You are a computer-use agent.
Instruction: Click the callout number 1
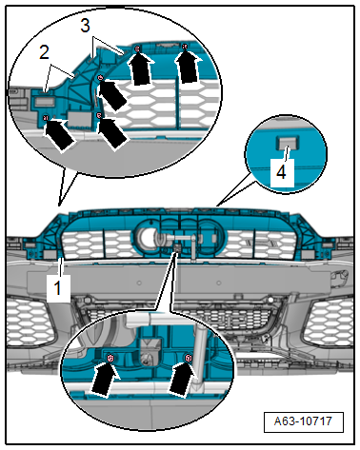(x=57, y=288)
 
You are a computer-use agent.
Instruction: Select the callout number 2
(x=45, y=52)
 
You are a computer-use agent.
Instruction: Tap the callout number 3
(x=85, y=26)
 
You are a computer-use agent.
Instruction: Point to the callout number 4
(x=281, y=173)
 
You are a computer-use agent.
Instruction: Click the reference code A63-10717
(x=303, y=421)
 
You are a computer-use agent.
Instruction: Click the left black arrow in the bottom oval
(x=105, y=378)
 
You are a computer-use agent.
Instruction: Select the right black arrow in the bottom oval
(x=183, y=379)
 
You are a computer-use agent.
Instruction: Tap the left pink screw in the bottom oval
(x=110, y=359)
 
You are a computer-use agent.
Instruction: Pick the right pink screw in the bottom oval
(x=189, y=358)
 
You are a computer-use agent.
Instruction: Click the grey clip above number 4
(x=289, y=143)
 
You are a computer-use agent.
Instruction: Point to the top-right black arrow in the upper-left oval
(x=189, y=68)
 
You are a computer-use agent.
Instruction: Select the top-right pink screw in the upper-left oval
(x=185, y=47)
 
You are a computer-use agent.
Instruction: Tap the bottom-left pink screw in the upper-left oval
(x=46, y=118)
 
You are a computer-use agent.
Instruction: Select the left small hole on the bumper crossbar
(x=139, y=283)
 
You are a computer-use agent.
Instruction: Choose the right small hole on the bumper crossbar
(x=218, y=283)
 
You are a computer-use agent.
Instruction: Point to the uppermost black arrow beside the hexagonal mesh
(x=139, y=69)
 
